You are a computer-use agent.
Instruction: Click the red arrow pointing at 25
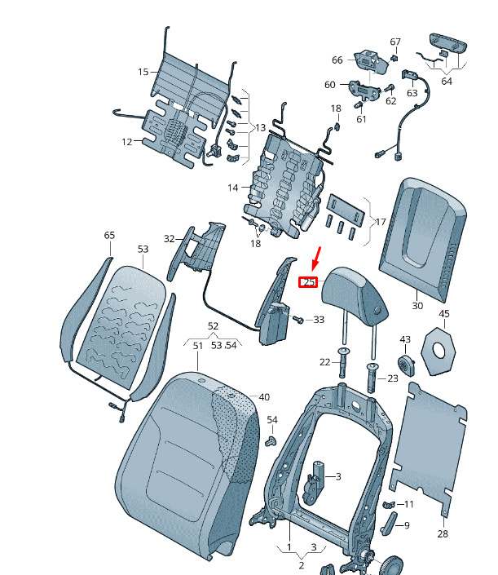[316, 259]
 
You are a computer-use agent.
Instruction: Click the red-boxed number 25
[308, 282]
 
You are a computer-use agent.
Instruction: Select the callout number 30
[417, 306]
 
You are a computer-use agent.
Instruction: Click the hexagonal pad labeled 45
[439, 352]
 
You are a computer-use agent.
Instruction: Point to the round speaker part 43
[407, 365]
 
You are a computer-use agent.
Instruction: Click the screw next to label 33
[298, 319]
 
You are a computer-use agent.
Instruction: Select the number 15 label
[143, 72]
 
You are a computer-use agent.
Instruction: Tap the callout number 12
[127, 142]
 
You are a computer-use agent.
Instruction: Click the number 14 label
[232, 188]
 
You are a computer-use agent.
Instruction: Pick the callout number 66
[337, 60]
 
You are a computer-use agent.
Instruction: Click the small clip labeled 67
[394, 58]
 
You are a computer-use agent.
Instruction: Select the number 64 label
[447, 81]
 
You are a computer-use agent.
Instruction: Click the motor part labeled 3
[314, 483]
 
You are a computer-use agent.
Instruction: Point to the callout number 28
[443, 533]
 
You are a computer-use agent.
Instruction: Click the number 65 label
[109, 235]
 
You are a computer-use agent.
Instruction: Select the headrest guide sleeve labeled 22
[342, 362]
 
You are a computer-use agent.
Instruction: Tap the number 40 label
[264, 396]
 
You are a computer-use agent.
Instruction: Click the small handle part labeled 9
[389, 524]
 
